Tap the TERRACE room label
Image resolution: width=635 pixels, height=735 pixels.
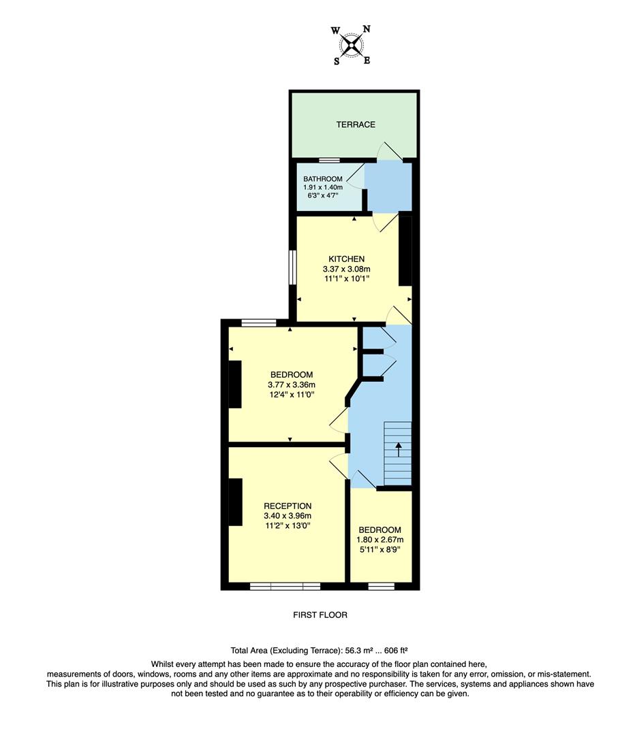click(x=355, y=125)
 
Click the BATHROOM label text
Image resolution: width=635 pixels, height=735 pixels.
click(x=323, y=179)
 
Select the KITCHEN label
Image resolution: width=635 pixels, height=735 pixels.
click(x=347, y=259)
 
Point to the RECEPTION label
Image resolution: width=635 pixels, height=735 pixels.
click(x=288, y=506)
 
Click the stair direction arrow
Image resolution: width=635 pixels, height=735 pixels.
click(x=399, y=450)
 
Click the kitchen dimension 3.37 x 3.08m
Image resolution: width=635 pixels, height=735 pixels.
click(x=347, y=269)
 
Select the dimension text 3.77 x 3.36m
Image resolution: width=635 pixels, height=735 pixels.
click(x=291, y=385)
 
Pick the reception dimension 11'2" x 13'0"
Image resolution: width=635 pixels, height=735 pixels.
click(x=288, y=525)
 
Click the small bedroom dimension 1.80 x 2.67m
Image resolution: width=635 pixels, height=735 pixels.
click(x=380, y=540)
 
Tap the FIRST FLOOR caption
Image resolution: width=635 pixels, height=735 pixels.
click(x=320, y=615)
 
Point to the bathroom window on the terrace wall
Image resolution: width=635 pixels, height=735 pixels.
click(x=330, y=161)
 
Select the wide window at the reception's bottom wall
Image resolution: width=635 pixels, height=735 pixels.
click(x=285, y=585)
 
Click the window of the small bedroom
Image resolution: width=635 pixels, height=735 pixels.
click(x=382, y=585)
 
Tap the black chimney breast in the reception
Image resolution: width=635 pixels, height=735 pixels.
click(x=235, y=502)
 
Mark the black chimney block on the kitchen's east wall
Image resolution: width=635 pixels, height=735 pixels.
click(x=405, y=250)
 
